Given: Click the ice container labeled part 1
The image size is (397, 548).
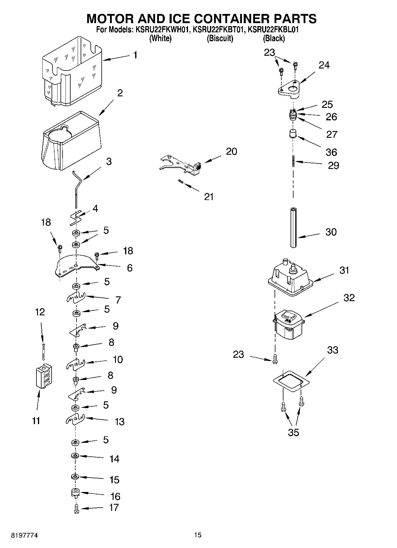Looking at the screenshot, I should pos(73,71).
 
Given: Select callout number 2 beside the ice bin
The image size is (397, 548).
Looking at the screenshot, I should pos(120,93).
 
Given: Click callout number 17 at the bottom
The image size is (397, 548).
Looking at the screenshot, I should pos(114,507).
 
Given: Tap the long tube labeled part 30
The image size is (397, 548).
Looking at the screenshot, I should pos(293,227).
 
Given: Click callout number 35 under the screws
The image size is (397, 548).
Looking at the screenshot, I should pos(293,432).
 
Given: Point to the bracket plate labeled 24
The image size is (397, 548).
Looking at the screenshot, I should pos(289,89).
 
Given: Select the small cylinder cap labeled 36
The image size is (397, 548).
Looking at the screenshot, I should pos(293,134).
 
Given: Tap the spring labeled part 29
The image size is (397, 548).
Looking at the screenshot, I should pos(293,161).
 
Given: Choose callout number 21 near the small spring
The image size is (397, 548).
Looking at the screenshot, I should pos(209,196).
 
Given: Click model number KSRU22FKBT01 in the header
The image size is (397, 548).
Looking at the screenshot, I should pos(219,30).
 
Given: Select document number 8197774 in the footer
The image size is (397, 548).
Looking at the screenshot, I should pos(24,536).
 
